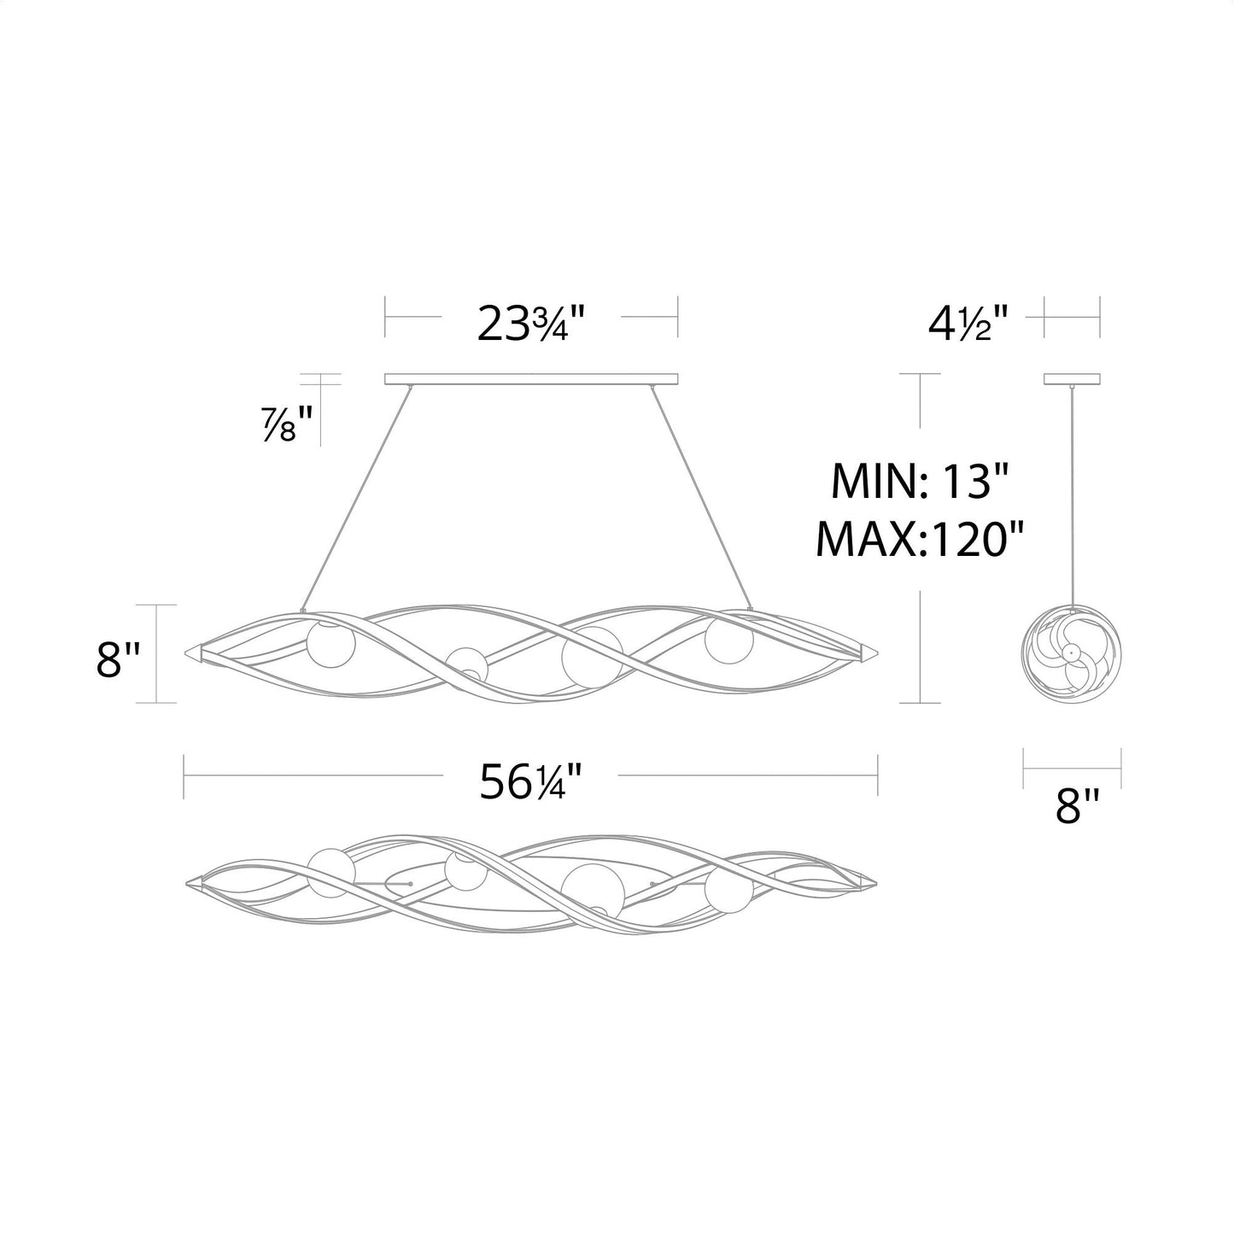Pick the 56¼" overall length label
point(530,781)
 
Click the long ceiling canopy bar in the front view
point(531,378)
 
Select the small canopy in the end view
point(1072,378)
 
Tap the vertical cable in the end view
point(1071,495)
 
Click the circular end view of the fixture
point(1071,653)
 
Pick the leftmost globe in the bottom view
point(331,872)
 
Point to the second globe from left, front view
point(466,664)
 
